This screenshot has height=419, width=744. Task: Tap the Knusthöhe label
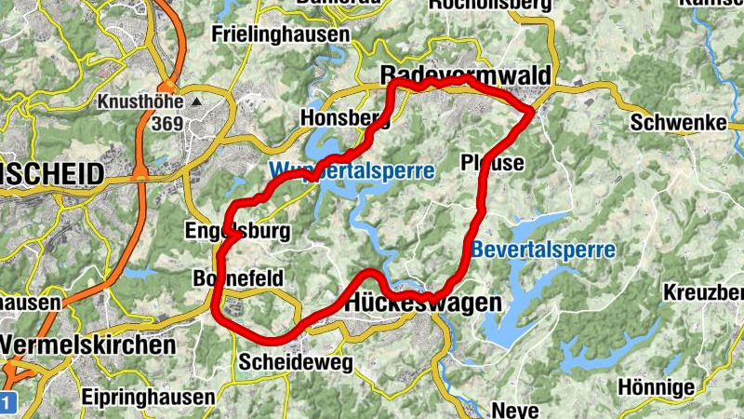(139, 101)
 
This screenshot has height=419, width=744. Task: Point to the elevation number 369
(166, 124)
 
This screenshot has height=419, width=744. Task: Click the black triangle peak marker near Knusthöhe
(197, 101)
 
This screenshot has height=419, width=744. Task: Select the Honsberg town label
(344, 118)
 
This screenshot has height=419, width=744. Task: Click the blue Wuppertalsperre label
(352, 171)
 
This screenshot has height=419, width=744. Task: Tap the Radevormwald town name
(466, 74)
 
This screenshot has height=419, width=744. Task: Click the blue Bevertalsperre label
(543, 250)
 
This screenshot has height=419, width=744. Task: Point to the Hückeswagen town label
(423, 304)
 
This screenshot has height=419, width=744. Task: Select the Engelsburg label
(238, 231)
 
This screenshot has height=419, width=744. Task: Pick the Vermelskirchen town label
(87, 345)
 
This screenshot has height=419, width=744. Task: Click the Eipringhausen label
(147, 397)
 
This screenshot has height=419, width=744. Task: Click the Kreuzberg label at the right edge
(703, 292)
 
